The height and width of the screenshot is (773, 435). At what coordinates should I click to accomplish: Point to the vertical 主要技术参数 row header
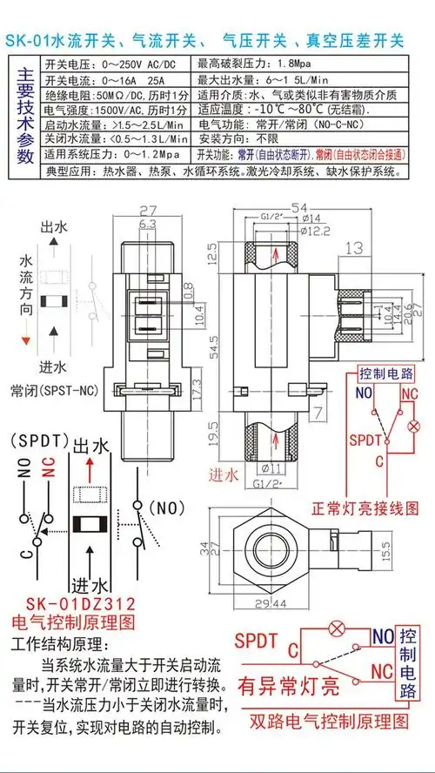[24, 117]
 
